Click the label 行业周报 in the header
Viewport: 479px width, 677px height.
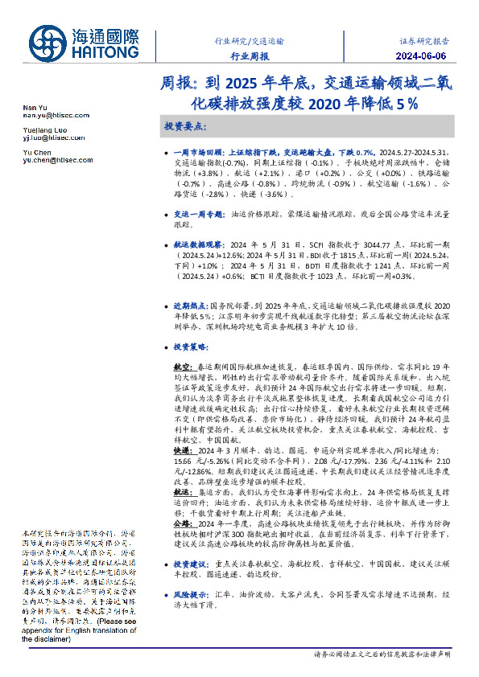(x=250, y=56)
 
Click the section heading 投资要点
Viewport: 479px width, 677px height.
(x=184, y=127)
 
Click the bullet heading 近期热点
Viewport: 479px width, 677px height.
(x=191, y=306)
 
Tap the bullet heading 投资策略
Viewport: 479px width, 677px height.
(x=191, y=347)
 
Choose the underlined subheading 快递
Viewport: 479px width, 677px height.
(x=184, y=452)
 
